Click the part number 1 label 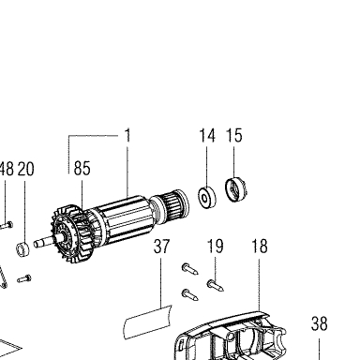(127, 136)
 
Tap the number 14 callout (207, 136)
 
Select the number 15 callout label (234, 136)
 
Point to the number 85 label (82, 168)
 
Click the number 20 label (25, 169)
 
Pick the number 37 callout (161, 247)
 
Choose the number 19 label (216, 247)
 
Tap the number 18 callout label (260, 247)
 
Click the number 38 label (319, 323)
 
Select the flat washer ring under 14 (207, 197)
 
